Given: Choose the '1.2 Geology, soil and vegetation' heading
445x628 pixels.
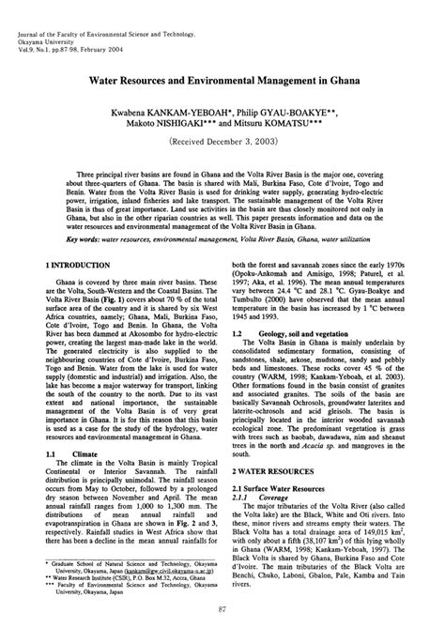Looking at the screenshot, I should (x=299, y=332).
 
